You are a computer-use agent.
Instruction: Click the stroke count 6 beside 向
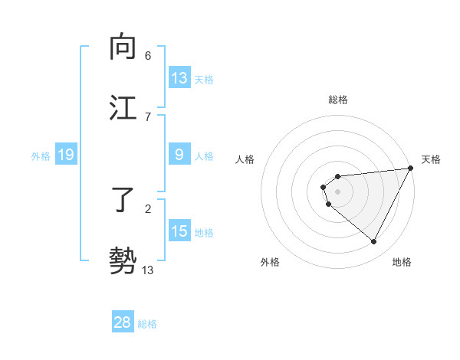(148, 55)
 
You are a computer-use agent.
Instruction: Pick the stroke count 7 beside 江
(148, 116)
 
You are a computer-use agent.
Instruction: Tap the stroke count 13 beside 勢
(148, 270)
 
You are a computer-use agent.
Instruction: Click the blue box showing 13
(179, 78)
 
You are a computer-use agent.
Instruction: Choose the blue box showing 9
(179, 155)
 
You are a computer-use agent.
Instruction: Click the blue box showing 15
(179, 231)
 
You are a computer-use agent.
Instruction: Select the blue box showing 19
(66, 155)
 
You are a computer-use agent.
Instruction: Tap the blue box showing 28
(123, 322)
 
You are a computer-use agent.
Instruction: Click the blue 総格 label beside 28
(147, 324)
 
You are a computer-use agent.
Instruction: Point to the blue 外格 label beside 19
(41, 156)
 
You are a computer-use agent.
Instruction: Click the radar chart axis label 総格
(338, 100)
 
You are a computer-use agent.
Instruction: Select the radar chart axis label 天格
(431, 159)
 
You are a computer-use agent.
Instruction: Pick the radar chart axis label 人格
(245, 159)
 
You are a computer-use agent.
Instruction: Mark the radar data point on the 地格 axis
(373, 242)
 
